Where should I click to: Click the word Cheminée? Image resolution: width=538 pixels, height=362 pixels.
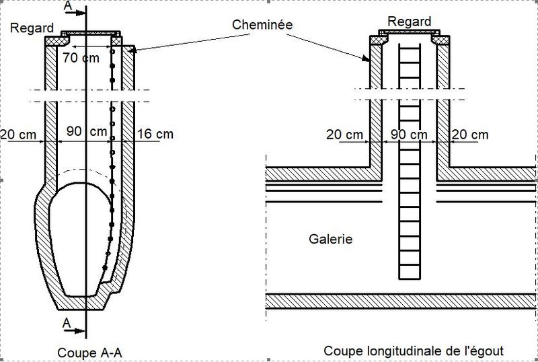click(x=262, y=24)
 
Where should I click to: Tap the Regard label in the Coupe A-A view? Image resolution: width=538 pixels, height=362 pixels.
click(x=32, y=28)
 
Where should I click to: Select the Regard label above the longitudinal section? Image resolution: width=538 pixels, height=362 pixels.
click(x=409, y=22)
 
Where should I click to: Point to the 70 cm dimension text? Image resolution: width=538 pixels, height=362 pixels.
click(x=81, y=58)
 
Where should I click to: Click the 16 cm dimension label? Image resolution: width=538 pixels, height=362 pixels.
click(x=155, y=134)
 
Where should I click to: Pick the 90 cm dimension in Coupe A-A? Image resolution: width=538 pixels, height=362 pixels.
click(x=87, y=131)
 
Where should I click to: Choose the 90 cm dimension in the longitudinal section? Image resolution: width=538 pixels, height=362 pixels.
click(x=409, y=135)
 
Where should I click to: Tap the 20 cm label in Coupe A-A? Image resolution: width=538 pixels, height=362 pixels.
click(x=18, y=135)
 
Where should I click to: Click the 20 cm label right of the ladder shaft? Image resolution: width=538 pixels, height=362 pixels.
click(x=470, y=135)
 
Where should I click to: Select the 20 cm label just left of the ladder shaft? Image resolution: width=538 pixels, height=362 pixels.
click(x=344, y=135)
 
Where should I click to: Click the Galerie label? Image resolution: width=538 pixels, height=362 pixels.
click(x=330, y=239)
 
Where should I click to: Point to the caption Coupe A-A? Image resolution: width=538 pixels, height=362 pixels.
click(x=89, y=353)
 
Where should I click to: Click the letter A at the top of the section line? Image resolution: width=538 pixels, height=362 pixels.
click(x=68, y=6)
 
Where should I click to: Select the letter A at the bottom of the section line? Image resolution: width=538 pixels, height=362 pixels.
click(x=67, y=323)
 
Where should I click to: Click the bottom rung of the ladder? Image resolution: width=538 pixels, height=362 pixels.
click(x=410, y=265)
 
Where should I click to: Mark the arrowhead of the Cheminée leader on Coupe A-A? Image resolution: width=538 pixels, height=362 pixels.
click(x=132, y=50)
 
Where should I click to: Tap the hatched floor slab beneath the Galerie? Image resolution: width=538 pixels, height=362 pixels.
click(x=401, y=301)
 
